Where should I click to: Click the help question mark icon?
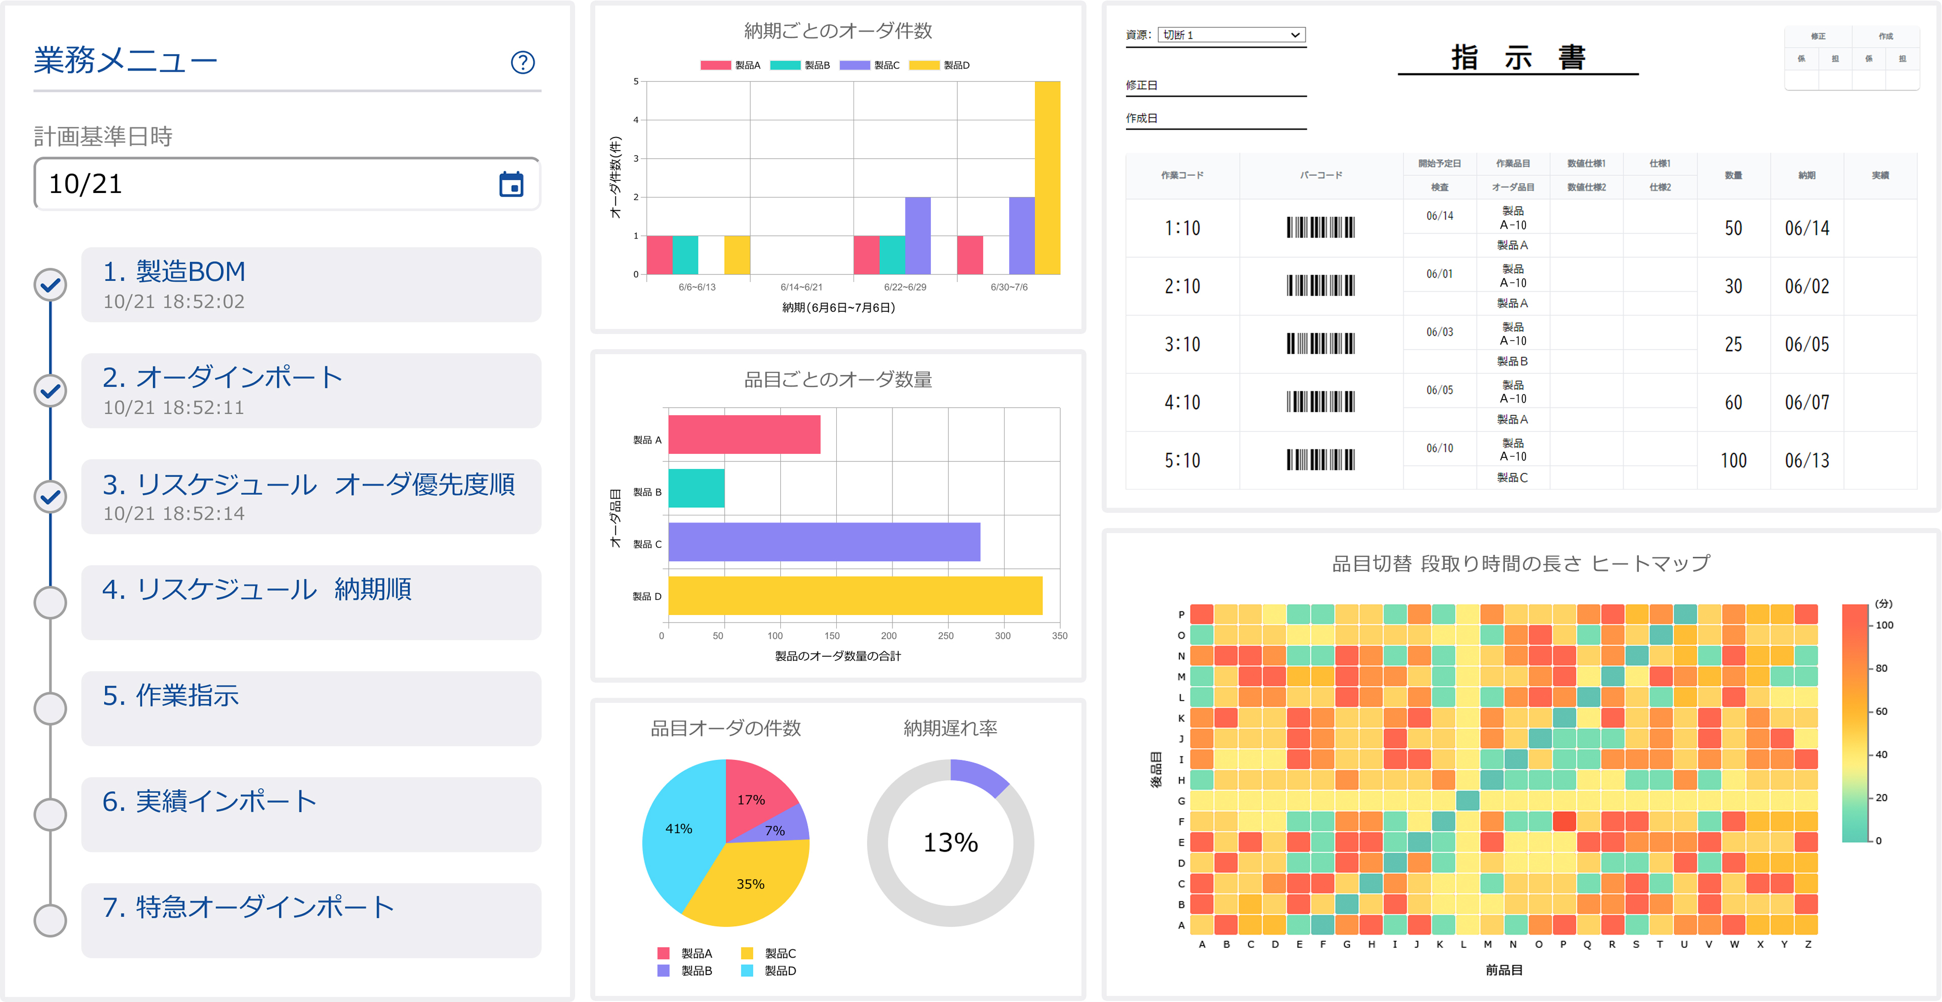click(x=523, y=63)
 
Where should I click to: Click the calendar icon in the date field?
click(x=511, y=184)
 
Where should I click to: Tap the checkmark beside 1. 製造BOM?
click(x=51, y=285)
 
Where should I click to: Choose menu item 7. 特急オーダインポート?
click(x=311, y=919)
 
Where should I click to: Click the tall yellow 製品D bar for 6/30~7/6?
click(x=1047, y=178)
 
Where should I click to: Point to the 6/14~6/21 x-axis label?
click(x=801, y=287)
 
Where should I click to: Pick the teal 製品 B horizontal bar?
click(x=696, y=489)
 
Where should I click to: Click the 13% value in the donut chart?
click(x=951, y=842)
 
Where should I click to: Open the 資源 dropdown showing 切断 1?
click(x=1231, y=35)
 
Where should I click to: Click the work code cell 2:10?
click(x=1182, y=287)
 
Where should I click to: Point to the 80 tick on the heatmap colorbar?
click(x=1881, y=668)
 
